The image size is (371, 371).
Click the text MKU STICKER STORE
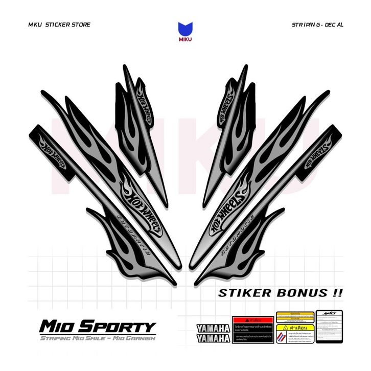coord(60,25)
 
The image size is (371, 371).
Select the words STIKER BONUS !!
coord(281,293)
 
